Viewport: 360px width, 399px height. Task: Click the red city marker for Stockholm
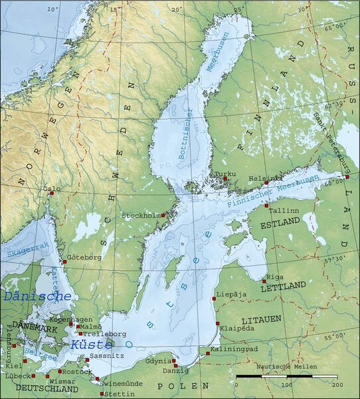click(x=163, y=215)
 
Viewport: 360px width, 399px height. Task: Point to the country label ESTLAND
click(x=280, y=225)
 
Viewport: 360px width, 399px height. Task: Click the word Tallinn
click(x=282, y=210)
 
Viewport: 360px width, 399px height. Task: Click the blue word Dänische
click(x=37, y=297)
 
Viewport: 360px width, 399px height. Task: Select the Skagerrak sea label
click(x=19, y=249)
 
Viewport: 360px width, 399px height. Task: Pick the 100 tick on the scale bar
click(x=286, y=384)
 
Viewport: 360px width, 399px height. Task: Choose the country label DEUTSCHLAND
click(x=43, y=388)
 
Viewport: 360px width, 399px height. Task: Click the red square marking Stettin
click(x=102, y=394)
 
